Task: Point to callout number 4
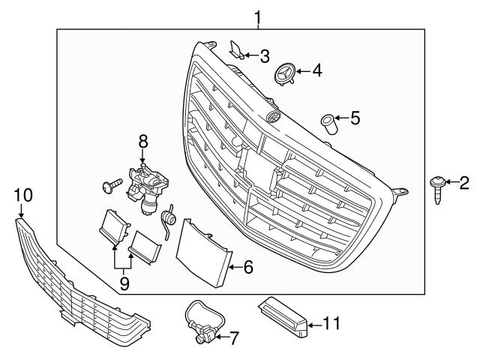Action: tap(317, 71)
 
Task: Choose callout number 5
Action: tap(355, 117)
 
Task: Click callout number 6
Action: tap(249, 265)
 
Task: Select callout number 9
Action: tap(124, 283)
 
